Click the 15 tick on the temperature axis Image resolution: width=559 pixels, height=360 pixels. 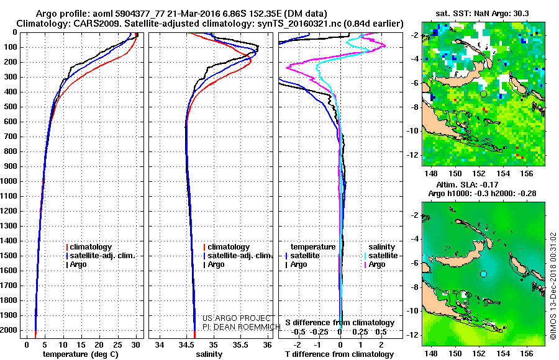click(81, 343)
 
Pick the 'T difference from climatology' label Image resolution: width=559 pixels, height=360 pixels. click(340, 354)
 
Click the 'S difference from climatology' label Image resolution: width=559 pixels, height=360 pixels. click(340, 323)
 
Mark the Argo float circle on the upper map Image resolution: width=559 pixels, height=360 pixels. click(483, 94)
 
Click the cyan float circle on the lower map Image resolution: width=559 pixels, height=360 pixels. click(483, 274)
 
